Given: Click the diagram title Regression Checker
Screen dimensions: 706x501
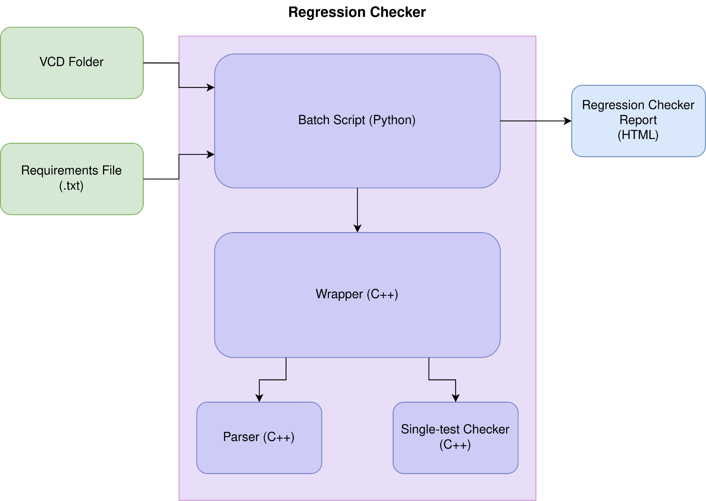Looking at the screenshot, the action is point(357,12).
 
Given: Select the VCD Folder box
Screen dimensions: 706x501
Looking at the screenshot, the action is point(72,63).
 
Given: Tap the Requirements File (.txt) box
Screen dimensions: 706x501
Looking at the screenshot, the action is point(72,179).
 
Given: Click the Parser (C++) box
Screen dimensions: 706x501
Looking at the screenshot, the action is point(259,438).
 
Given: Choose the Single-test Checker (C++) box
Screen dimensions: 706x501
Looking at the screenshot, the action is point(455,438).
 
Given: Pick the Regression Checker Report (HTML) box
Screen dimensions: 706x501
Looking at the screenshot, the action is point(638,121).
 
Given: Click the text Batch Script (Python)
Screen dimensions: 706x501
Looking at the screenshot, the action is point(357,120).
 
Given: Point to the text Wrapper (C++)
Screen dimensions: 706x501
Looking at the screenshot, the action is point(357,294).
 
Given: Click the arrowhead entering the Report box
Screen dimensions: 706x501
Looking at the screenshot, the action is point(567,121).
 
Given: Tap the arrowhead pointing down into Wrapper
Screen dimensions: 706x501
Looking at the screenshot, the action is point(357,228).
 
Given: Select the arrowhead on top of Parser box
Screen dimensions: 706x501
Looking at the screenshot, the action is point(259,398).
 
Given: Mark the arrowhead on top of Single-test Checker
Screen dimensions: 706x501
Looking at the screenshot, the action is point(456,398).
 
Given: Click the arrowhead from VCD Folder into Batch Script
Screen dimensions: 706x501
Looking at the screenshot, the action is point(210,88).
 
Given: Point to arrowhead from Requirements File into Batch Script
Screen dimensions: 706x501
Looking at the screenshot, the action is point(210,154).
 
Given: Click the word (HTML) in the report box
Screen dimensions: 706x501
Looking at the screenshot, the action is point(638,135).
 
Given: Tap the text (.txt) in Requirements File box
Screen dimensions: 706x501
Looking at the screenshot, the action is point(71,186).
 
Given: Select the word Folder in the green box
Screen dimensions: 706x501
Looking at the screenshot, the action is point(86,62).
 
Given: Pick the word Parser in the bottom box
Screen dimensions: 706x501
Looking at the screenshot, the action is point(241,437).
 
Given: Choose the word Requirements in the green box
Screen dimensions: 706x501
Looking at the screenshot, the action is point(55,171).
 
